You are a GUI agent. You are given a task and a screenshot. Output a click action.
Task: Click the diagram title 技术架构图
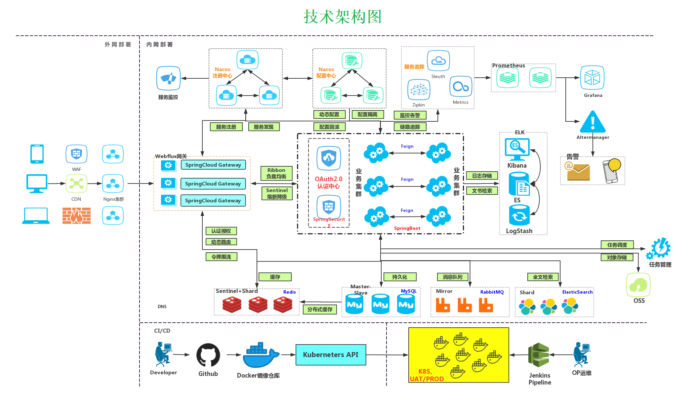pos(342,17)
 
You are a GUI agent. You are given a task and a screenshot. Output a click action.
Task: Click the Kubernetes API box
pos(330,354)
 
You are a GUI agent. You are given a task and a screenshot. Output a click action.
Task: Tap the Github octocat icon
pos(208,355)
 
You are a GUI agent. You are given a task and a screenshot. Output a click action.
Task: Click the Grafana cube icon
pos(592,78)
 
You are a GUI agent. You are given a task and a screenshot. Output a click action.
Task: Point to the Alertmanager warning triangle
pos(592,122)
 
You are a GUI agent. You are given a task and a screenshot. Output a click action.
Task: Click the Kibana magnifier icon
pos(517,149)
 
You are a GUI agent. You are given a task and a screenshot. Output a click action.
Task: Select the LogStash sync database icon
pos(519,215)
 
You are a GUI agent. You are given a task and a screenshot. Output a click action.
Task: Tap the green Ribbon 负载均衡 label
pos(276,173)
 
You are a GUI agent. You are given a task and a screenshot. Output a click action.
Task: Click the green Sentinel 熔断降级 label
pos(277,193)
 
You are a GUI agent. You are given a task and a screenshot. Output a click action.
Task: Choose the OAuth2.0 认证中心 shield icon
pos(328,158)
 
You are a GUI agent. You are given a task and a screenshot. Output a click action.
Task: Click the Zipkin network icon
pos(419,90)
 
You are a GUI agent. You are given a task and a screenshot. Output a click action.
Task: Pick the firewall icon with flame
pos(76,216)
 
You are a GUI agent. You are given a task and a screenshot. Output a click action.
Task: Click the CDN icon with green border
pos(76,184)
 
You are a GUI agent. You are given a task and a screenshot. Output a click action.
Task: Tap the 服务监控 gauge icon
pos(168,78)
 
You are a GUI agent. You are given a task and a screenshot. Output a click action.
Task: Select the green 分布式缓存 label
pos(320,309)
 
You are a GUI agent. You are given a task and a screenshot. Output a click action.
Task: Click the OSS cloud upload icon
pos(638,285)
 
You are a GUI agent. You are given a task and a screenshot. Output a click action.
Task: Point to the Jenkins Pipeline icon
pos(539,355)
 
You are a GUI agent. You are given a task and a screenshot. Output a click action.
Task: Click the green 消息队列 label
pos(452,277)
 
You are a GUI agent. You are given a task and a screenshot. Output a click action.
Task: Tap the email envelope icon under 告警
pos(577,171)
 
